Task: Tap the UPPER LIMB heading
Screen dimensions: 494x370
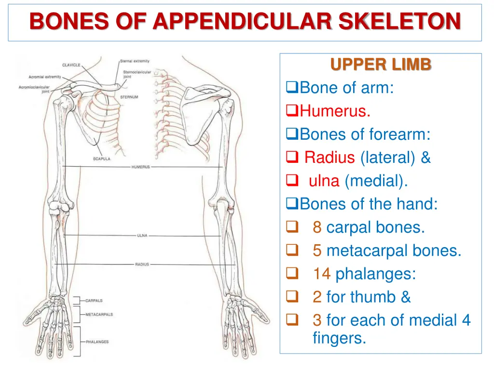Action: pyautogui.click(x=381, y=65)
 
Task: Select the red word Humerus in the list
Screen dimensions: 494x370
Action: pyautogui.click(x=335, y=111)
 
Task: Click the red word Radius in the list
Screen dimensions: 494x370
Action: pyautogui.click(x=329, y=158)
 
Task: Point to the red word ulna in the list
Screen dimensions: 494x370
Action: pyautogui.click(x=324, y=181)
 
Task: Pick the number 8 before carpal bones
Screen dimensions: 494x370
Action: pyautogui.click(x=317, y=227)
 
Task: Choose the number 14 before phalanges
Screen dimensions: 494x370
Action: pyautogui.click(x=321, y=274)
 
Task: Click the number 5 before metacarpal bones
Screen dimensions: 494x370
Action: pyautogui.click(x=317, y=251)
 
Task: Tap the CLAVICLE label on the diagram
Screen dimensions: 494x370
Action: pyautogui.click(x=71, y=66)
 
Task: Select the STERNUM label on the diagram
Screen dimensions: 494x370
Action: pyautogui.click(x=129, y=97)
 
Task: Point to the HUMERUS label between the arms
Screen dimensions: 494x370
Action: pyautogui.click(x=140, y=167)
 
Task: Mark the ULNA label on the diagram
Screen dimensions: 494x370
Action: pyautogui.click(x=142, y=236)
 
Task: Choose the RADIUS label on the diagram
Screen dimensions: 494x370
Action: pyautogui.click(x=142, y=264)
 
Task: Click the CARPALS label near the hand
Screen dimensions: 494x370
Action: pyautogui.click(x=94, y=301)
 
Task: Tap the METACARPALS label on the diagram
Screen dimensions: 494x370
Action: pyautogui.click(x=99, y=315)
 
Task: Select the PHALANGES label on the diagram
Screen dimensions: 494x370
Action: pyautogui.click(x=97, y=342)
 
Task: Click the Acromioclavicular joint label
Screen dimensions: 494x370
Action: pyautogui.click(x=34, y=89)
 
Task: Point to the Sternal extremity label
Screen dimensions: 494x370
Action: pyautogui.click(x=135, y=61)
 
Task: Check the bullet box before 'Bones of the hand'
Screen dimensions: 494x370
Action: pyautogui.click(x=290, y=204)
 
